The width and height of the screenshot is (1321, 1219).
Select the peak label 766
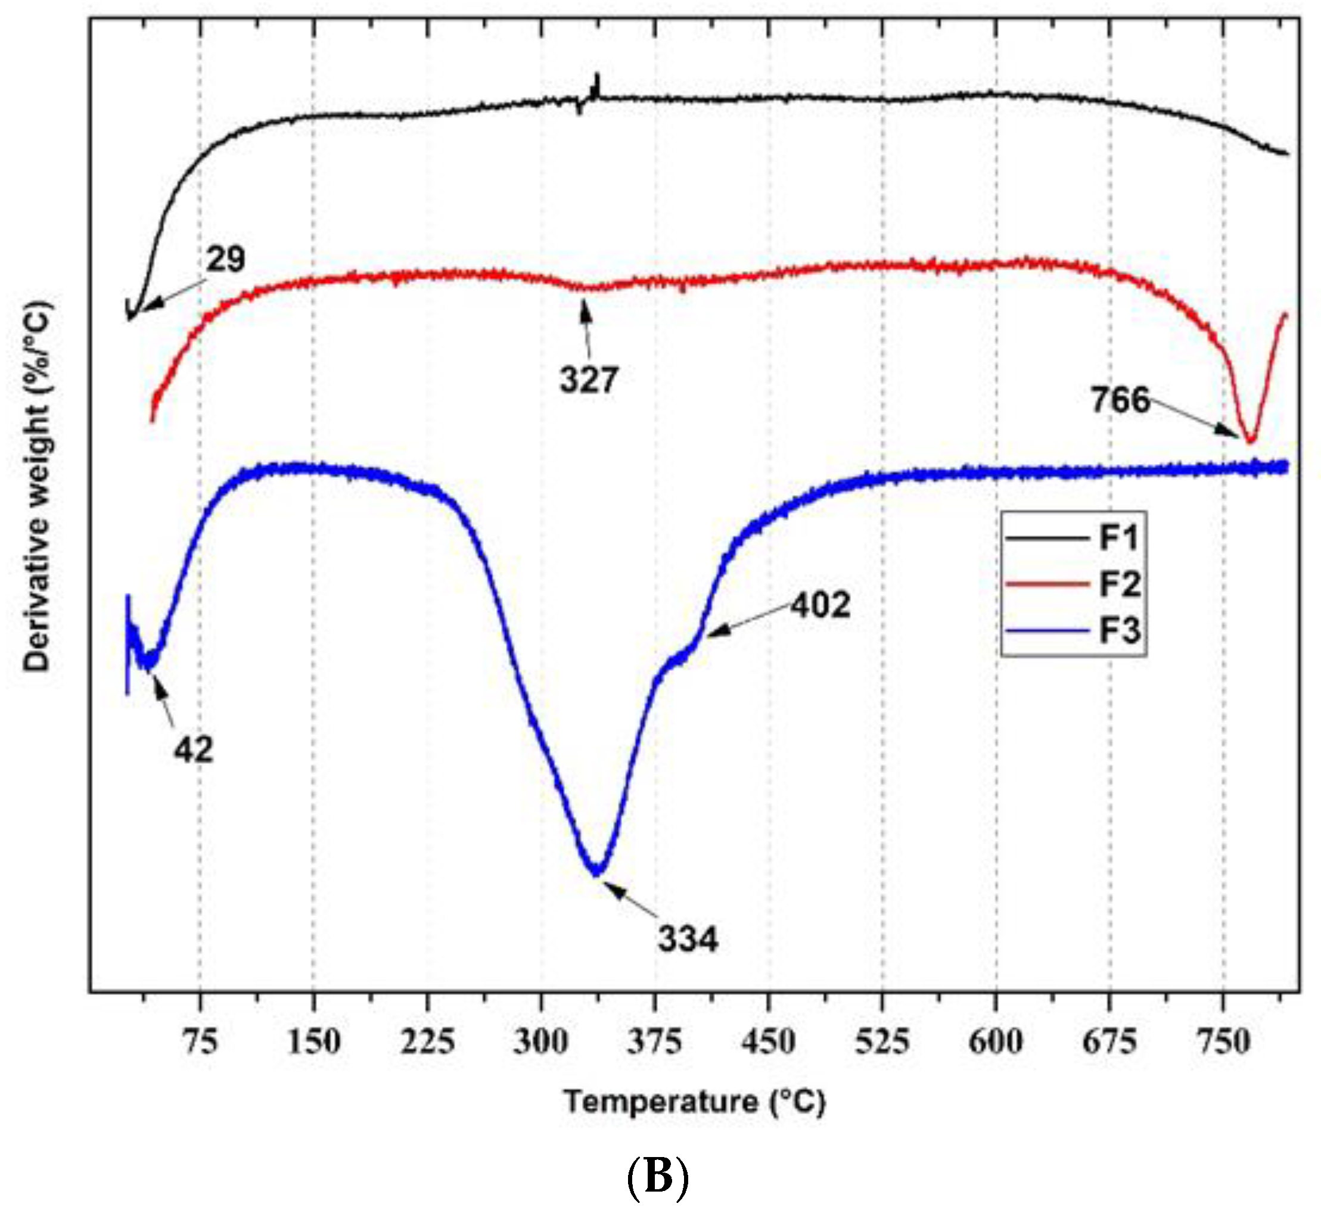point(1120,400)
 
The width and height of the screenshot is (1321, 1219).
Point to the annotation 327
point(589,381)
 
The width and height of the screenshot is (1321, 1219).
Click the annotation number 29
point(226,259)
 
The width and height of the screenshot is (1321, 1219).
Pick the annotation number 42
point(193,750)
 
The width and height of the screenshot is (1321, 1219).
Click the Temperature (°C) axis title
point(694,1102)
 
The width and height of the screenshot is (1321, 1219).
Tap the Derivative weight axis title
point(37,487)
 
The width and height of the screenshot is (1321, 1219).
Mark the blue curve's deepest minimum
point(596,873)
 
